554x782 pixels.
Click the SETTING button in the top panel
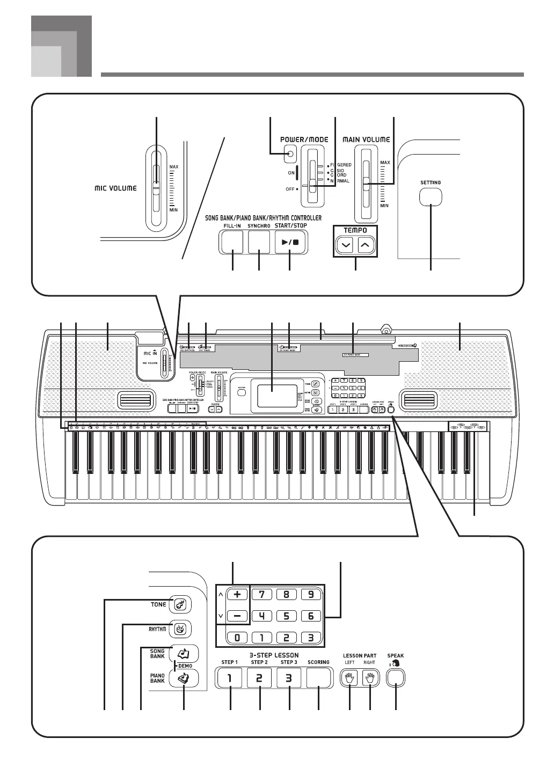[x=431, y=197]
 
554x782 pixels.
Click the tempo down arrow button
[x=346, y=246]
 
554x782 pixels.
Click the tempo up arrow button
[x=365, y=246]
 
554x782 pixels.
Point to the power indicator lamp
[x=290, y=155]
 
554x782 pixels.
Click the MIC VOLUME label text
[x=115, y=188]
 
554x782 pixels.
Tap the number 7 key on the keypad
[x=262, y=594]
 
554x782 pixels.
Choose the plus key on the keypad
[x=237, y=594]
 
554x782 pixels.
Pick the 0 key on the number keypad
[x=237, y=638]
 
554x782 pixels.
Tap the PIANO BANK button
[x=184, y=678]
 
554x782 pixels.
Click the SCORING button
[x=318, y=678]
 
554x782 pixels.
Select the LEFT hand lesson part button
[x=350, y=678]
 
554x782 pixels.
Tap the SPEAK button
[x=396, y=677]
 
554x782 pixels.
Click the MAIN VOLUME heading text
[x=366, y=140]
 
